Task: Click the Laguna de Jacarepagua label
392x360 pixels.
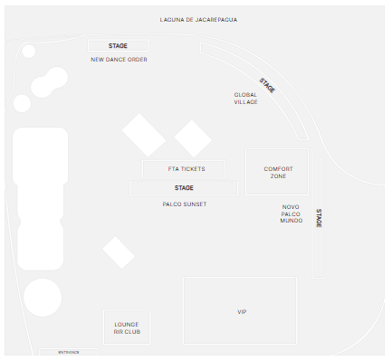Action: click(198, 20)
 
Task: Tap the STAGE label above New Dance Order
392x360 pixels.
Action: click(118, 46)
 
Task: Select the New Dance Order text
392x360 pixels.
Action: click(119, 60)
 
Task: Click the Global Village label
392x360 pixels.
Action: click(245, 99)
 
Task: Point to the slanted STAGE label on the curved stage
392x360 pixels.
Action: click(267, 85)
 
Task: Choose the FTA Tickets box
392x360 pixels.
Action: click(184, 169)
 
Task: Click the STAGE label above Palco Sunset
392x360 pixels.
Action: click(184, 188)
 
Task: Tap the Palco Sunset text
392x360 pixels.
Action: click(185, 204)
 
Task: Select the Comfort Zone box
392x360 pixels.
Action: click(277, 172)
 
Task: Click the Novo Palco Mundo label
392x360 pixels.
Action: click(292, 213)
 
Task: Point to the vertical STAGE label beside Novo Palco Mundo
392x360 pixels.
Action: click(319, 218)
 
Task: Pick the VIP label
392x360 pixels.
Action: click(242, 312)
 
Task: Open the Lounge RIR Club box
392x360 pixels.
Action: click(127, 327)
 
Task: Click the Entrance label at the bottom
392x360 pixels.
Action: click(69, 352)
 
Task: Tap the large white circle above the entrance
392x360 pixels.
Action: click(43, 298)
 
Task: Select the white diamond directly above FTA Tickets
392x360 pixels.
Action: click(193, 138)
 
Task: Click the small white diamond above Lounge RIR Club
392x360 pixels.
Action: click(119, 252)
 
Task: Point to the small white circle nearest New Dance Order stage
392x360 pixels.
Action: click(29, 51)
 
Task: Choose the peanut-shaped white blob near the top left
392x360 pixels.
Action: click(50, 82)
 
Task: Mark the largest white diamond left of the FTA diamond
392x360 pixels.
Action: click(144, 135)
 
